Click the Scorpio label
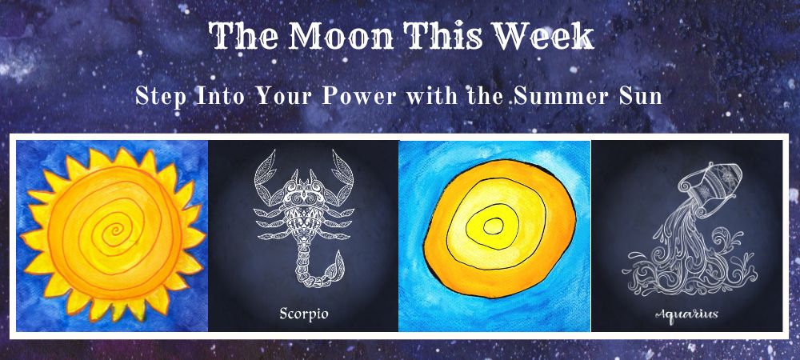tap(303, 313)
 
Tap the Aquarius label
tap(686, 314)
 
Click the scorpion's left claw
tap(266, 174)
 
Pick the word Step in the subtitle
tap(161, 96)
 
